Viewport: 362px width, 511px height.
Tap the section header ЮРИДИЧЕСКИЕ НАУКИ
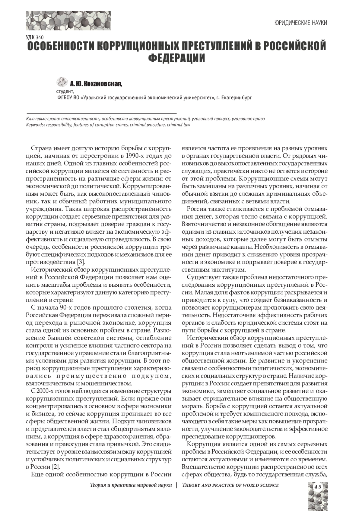[x=301, y=23]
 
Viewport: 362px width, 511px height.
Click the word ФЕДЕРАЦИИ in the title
[x=177, y=58]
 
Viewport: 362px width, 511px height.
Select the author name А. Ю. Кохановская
[x=96, y=83]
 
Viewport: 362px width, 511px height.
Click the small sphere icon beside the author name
[x=62, y=82]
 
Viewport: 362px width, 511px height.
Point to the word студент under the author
[x=65, y=91]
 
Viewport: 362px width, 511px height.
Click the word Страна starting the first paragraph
[x=42, y=148]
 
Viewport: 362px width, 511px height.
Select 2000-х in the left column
[x=47, y=391]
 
